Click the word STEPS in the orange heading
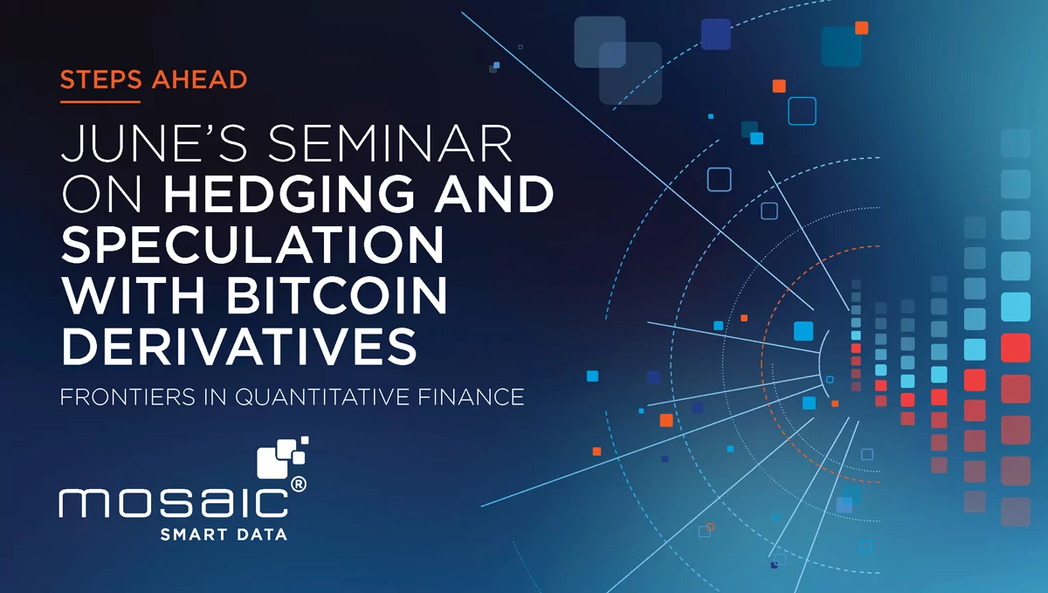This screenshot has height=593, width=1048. [100, 79]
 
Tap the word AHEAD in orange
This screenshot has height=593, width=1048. [199, 79]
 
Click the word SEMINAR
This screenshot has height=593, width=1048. [390, 144]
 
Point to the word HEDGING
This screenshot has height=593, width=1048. [289, 194]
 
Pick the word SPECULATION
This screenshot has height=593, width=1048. [252, 245]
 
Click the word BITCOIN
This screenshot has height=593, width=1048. [337, 295]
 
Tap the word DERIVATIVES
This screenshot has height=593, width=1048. [238, 346]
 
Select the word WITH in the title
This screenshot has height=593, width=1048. [134, 295]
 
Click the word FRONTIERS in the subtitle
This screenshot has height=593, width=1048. [128, 396]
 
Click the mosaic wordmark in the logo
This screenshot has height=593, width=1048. [173, 503]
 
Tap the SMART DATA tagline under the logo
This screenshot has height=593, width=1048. [224, 534]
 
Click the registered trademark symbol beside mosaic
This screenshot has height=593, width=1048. [299, 485]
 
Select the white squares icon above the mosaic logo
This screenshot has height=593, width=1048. [283, 458]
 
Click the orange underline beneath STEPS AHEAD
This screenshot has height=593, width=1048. [100, 101]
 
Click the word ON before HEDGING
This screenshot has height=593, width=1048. [101, 194]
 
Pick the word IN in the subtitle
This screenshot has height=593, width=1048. [215, 396]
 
